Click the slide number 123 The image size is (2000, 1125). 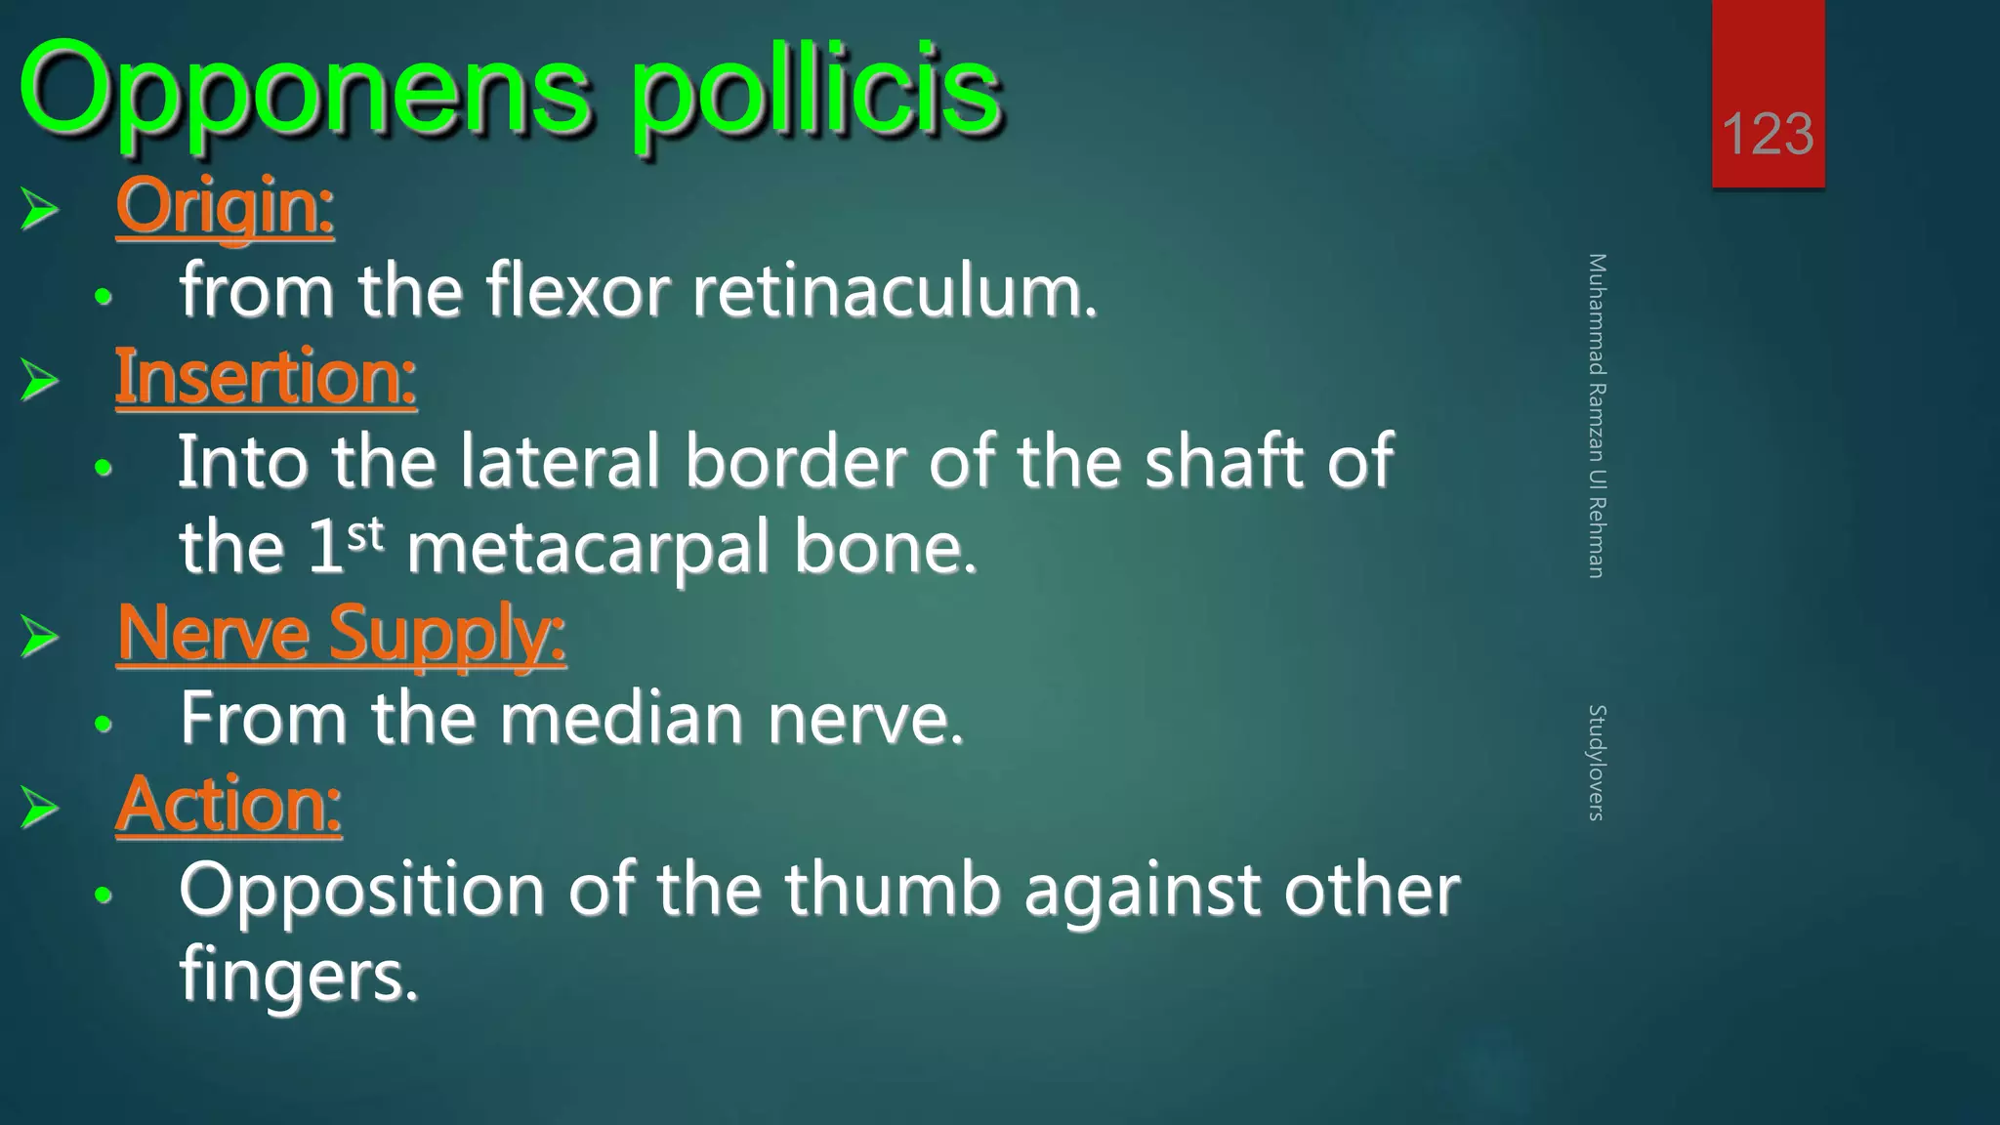point(1768,134)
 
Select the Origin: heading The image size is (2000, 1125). point(225,206)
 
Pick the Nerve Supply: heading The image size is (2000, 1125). point(341,634)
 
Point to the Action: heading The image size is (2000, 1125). point(229,805)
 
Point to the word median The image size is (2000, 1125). point(622,719)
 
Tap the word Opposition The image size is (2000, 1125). point(361,892)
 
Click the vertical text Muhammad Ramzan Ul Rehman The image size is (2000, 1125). point(1597,415)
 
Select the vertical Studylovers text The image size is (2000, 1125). point(1597,762)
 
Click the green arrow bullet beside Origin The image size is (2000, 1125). point(40,209)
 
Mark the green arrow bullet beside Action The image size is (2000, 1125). point(40,808)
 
